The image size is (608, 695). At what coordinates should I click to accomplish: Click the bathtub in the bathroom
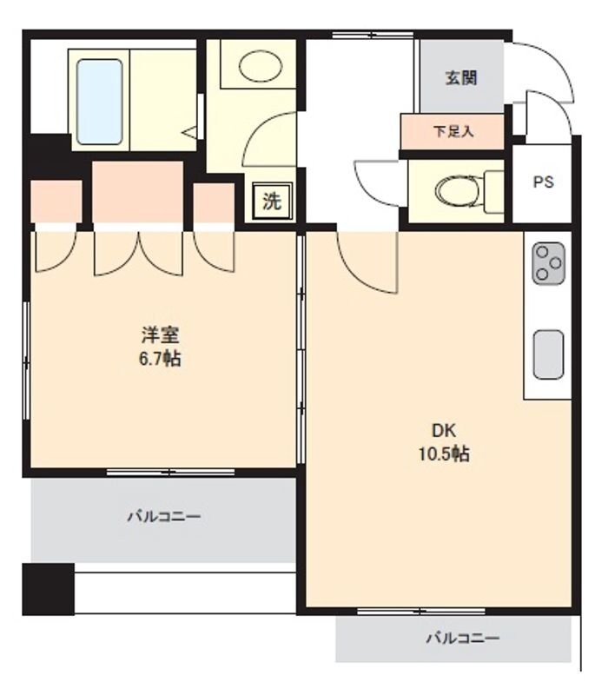click(x=98, y=101)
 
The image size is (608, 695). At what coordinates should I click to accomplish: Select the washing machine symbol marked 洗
click(x=272, y=202)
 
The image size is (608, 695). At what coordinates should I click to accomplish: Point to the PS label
click(x=544, y=182)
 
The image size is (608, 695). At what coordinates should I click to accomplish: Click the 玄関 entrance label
click(x=461, y=77)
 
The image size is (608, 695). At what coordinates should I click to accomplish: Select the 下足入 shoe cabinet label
click(x=453, y=132)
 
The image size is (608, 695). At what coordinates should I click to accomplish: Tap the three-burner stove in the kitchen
click(x=549, y=262)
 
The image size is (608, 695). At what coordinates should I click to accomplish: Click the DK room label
click(x=444, y=429)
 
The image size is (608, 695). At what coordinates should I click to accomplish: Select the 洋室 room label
click(x=161, y=334)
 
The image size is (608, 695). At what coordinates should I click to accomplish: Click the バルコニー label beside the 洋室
click(x=164, y=517)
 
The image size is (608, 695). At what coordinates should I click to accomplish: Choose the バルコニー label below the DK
click(x=462, y=639)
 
